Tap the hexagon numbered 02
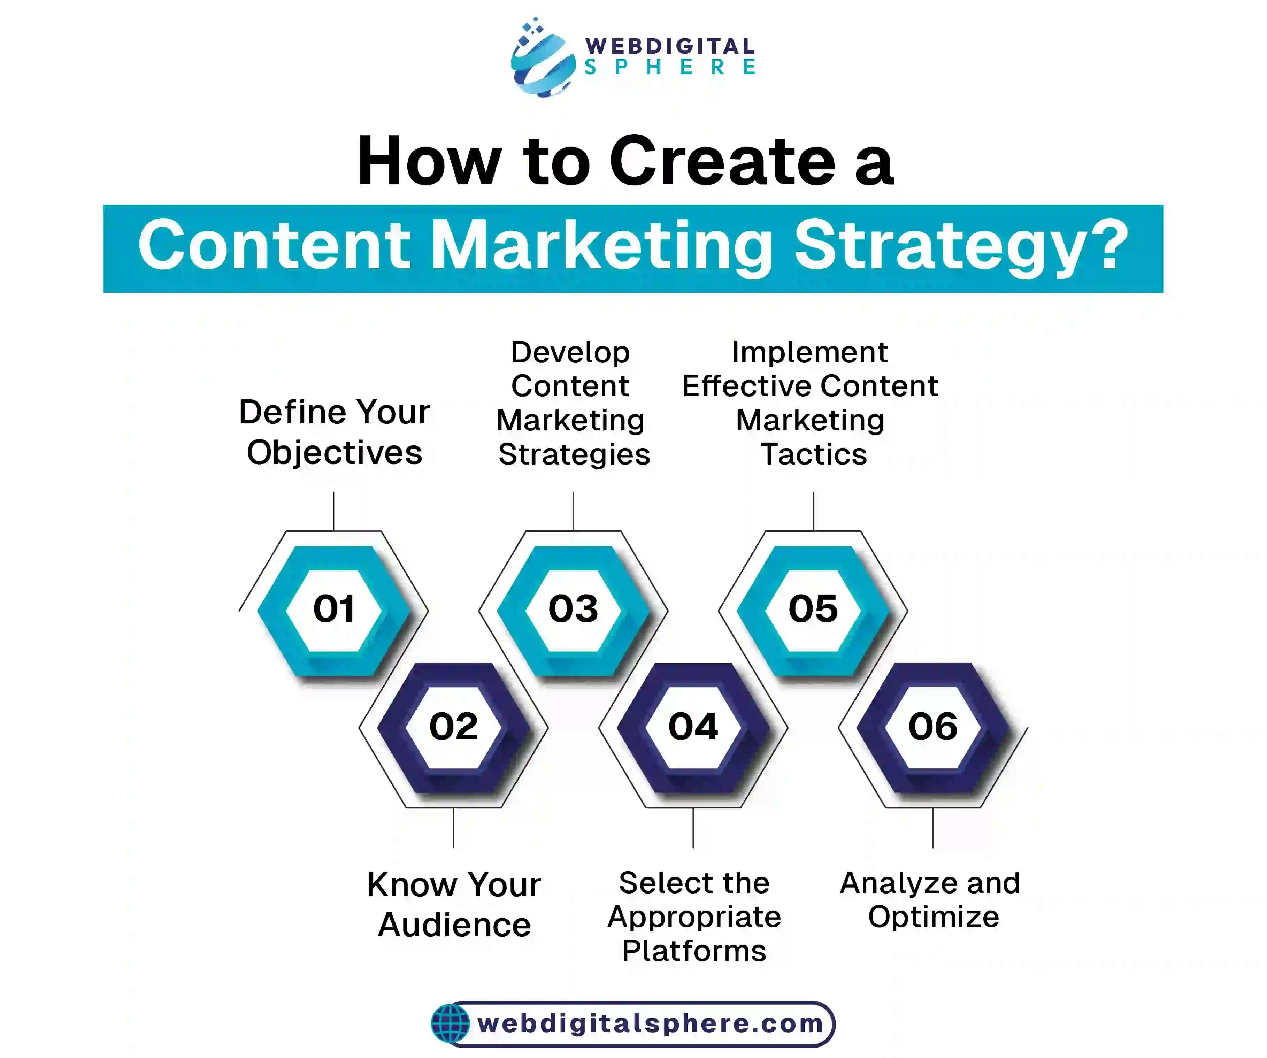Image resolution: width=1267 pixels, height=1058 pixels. (454, 727)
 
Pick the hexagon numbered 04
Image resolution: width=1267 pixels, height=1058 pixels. (693, 727)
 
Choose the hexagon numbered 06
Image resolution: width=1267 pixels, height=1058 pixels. (933, 727)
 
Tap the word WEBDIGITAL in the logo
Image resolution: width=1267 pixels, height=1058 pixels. (670, 46)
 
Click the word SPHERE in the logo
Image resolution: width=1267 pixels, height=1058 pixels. (670, 67)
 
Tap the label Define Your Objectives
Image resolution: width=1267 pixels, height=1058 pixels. (334, 432)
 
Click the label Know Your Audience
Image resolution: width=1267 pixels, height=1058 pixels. (454, 905)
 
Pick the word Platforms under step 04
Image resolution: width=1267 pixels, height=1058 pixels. (694, 951)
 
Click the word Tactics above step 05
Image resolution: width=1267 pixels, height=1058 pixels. (813, 454)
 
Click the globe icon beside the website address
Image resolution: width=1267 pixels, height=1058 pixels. (450, 1024)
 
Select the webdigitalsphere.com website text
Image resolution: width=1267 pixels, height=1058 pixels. (650, 1024)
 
